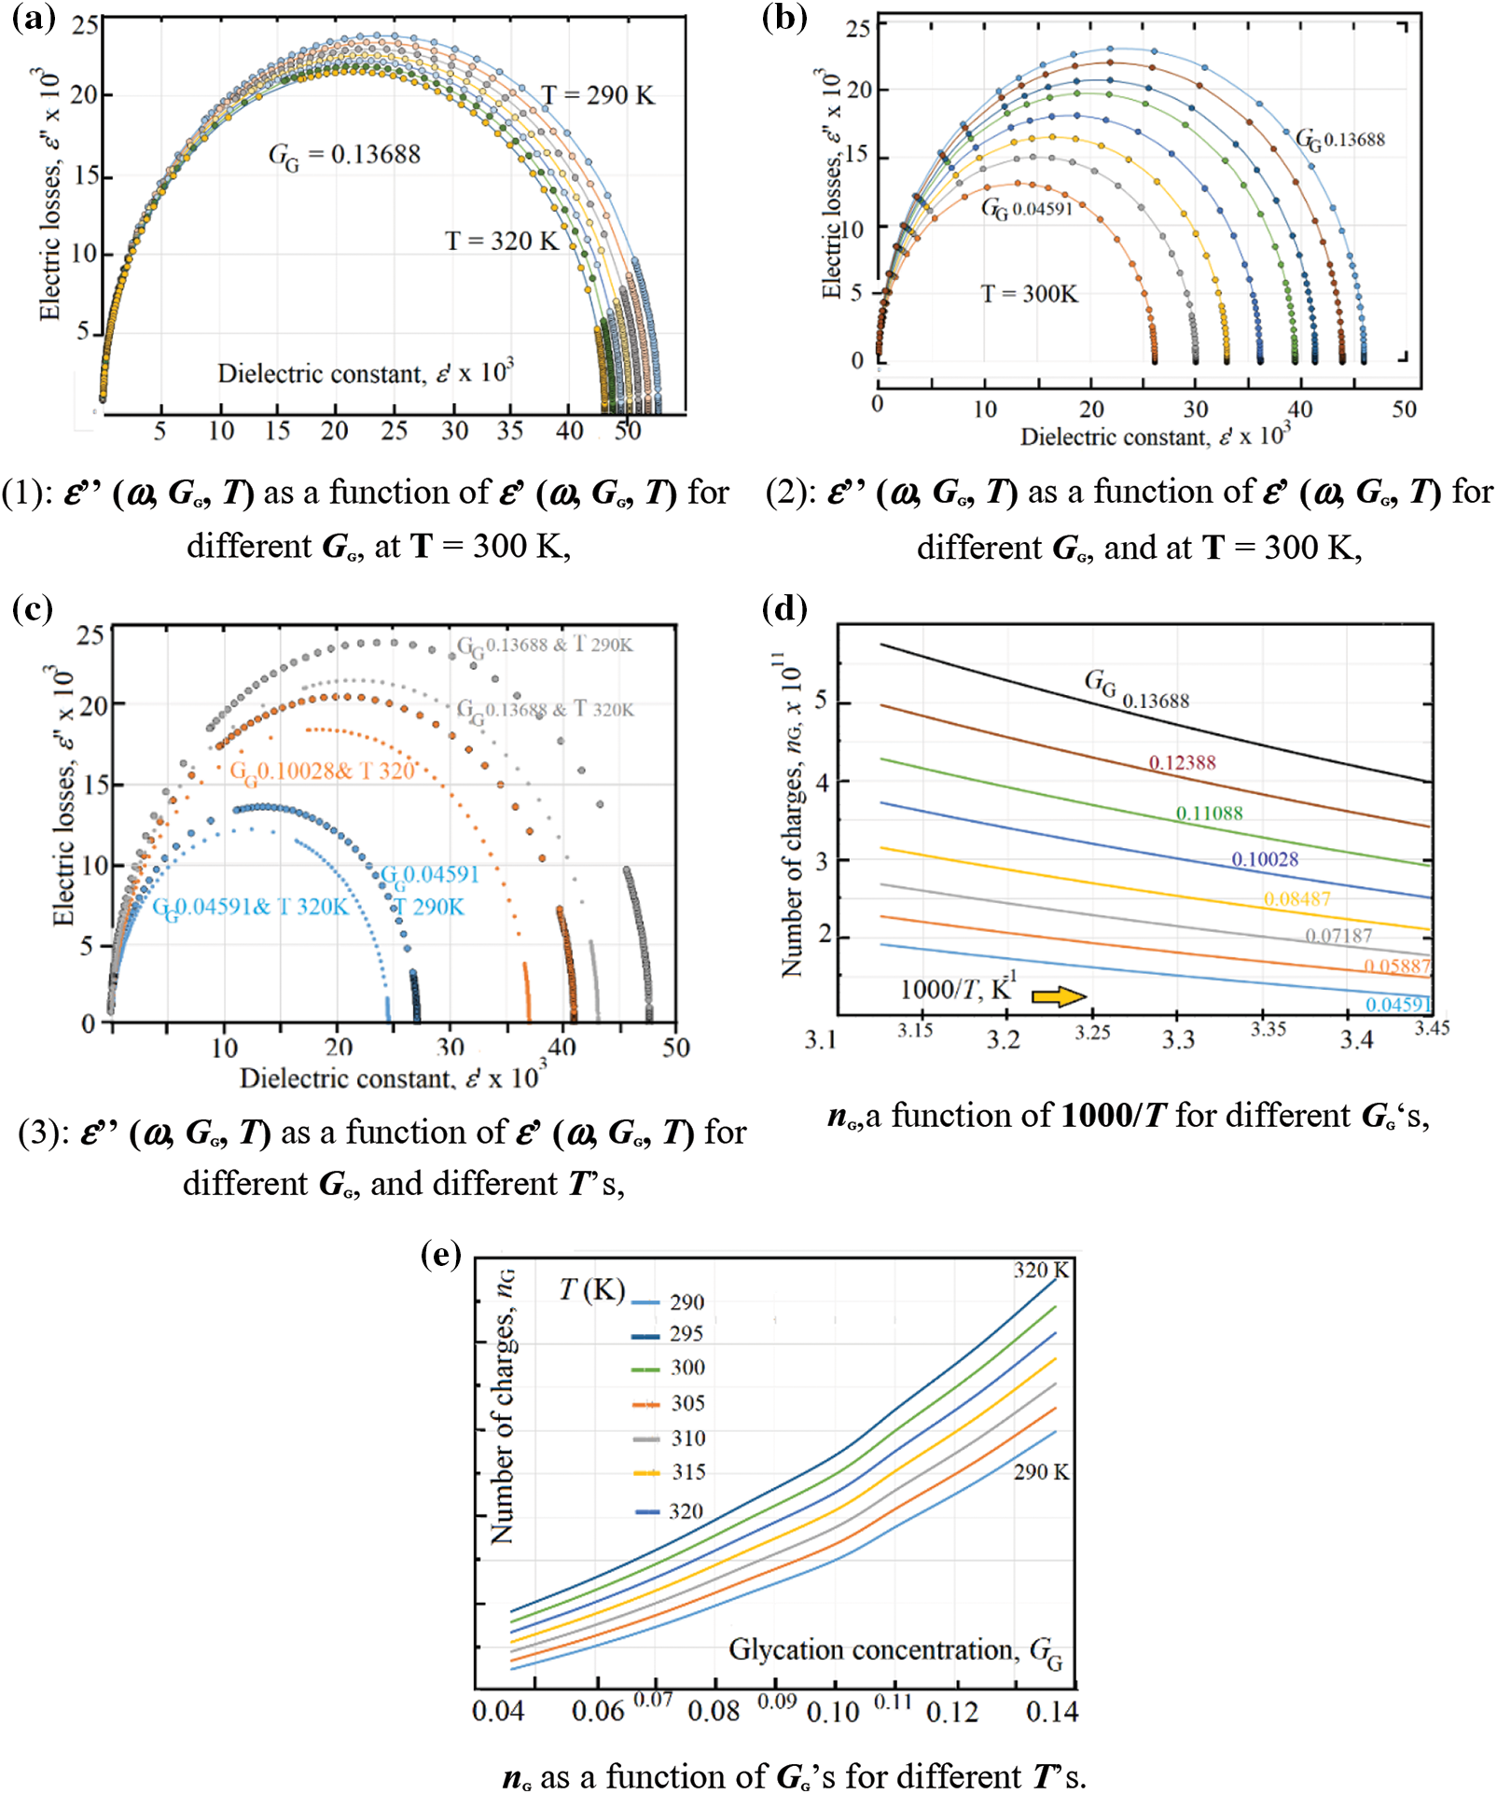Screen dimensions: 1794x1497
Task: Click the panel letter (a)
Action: pos(34,19)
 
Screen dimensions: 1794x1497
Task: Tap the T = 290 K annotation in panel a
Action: pos(598,95)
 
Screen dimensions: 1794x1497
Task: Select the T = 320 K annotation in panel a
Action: pos(501,241)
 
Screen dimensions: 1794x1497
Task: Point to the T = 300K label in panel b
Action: pos(1029,294)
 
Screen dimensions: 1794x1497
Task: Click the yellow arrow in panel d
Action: pos(1059,996)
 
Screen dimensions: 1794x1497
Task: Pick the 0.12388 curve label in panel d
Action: pos(1182,762)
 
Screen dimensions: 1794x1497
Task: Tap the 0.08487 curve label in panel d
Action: pos(1296,899)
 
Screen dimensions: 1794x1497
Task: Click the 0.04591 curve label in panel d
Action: pos(1397,1004)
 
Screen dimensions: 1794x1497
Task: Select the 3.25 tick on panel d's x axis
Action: pos(1092,1033)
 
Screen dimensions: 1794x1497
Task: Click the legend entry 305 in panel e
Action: pos(687,1403)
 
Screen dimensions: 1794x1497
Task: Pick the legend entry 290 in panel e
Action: pos(686,1302)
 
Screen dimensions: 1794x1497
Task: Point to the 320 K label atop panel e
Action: pos(1041,1270)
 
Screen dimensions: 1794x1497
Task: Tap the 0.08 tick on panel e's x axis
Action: pos(714,1711)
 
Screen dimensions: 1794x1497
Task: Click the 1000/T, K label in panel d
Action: pos(957,989)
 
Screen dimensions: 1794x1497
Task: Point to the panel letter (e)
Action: pos(441,1255)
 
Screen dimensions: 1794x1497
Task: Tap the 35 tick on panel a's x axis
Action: pos(510,430)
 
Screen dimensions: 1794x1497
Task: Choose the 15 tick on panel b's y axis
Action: pos(856,155)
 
